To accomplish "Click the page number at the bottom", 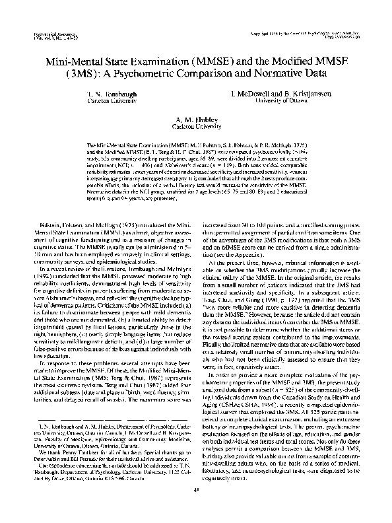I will [x=196, y=505].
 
